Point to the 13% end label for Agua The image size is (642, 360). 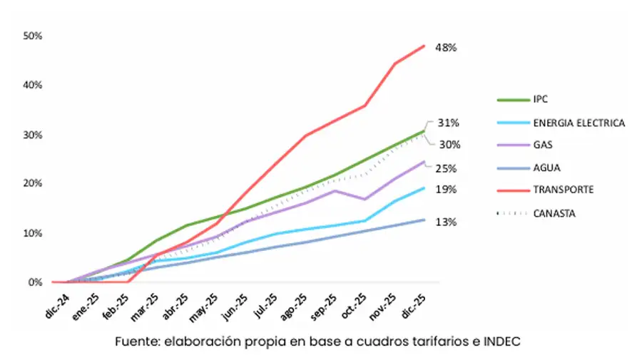pyautogui.click(x=447, y=222)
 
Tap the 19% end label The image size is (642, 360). pyautogui.click(x=447, y=190)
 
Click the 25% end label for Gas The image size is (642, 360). pyautogui.click(x=447, y=169)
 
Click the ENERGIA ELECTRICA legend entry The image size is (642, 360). pyautogui.click(x=578, y=123)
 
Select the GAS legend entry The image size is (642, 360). pyautogui.click(x=542, y=145)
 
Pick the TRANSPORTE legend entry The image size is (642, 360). pyautogui.click(x=563, y=190)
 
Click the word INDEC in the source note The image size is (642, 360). pyautogui.click(x=504, y=341)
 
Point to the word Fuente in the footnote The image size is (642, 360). pyautogui.click(x=136, y=341)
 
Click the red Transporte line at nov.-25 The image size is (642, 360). pyautogui.click(x=394, y=63)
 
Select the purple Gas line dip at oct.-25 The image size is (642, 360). pyautogui.click(x=365, y=199)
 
